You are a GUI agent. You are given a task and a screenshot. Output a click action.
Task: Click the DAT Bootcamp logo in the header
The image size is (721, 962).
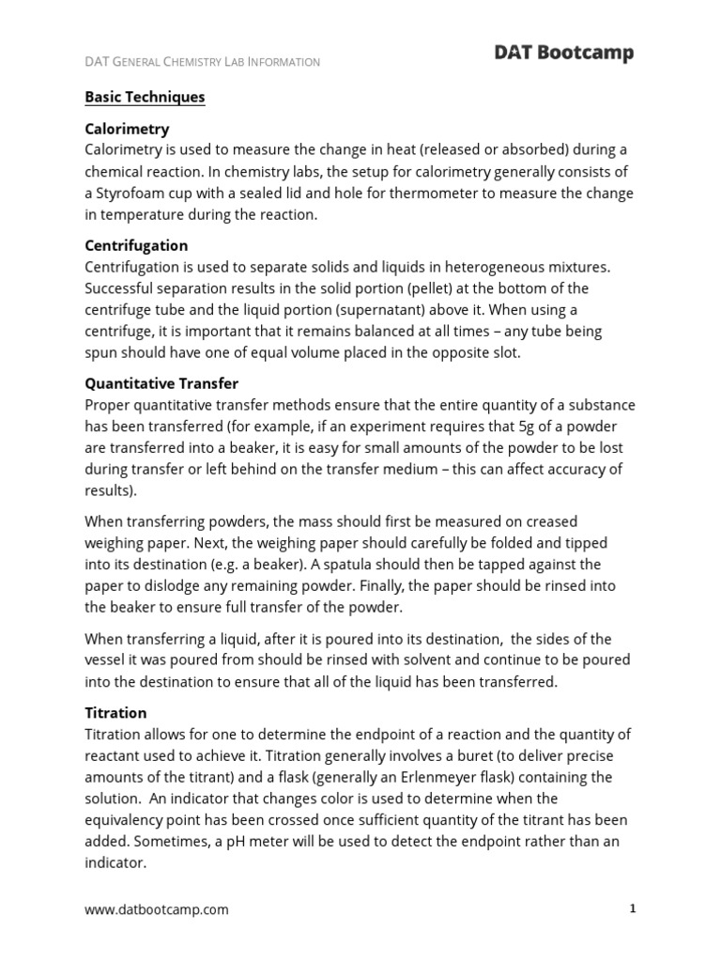point(563,54)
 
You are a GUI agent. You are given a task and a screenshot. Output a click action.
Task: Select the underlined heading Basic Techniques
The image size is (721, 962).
point(145,97)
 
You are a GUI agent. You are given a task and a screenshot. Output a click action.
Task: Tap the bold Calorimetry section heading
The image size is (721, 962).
point(127,129)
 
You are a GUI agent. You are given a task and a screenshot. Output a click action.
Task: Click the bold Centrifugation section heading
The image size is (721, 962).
point(137,245)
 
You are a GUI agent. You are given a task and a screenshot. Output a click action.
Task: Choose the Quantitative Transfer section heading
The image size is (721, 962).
point(161,383)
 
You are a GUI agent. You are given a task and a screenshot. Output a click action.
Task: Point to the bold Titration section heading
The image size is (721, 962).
point(115,713)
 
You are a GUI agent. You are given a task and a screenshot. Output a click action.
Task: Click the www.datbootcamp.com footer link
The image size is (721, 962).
point(157,909)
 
